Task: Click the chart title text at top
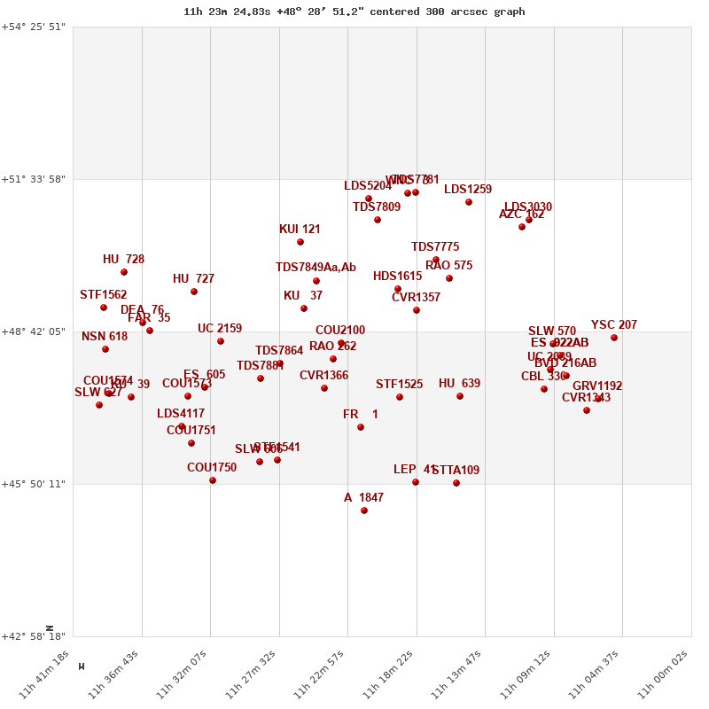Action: pos(354,12)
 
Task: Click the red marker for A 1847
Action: pos(364,510)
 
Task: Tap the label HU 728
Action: pos(123,260)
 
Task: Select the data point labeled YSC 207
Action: pos(614,338)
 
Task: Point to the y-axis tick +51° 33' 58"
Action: pos(34,179)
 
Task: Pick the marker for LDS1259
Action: pos(469,202)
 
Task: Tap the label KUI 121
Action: pos(300,230)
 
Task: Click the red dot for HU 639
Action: pos(460,396)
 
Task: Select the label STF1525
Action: pos(399,385)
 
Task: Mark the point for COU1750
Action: pos(213,480)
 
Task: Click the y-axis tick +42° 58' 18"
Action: pos(34,636)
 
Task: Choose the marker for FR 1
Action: pos(361,427)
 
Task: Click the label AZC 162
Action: pos(522,214)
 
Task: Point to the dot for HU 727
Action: pos(194,292)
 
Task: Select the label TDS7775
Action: pos(435,247)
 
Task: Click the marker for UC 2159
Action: pos(221,341)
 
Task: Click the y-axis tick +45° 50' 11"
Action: pos(34,484)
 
